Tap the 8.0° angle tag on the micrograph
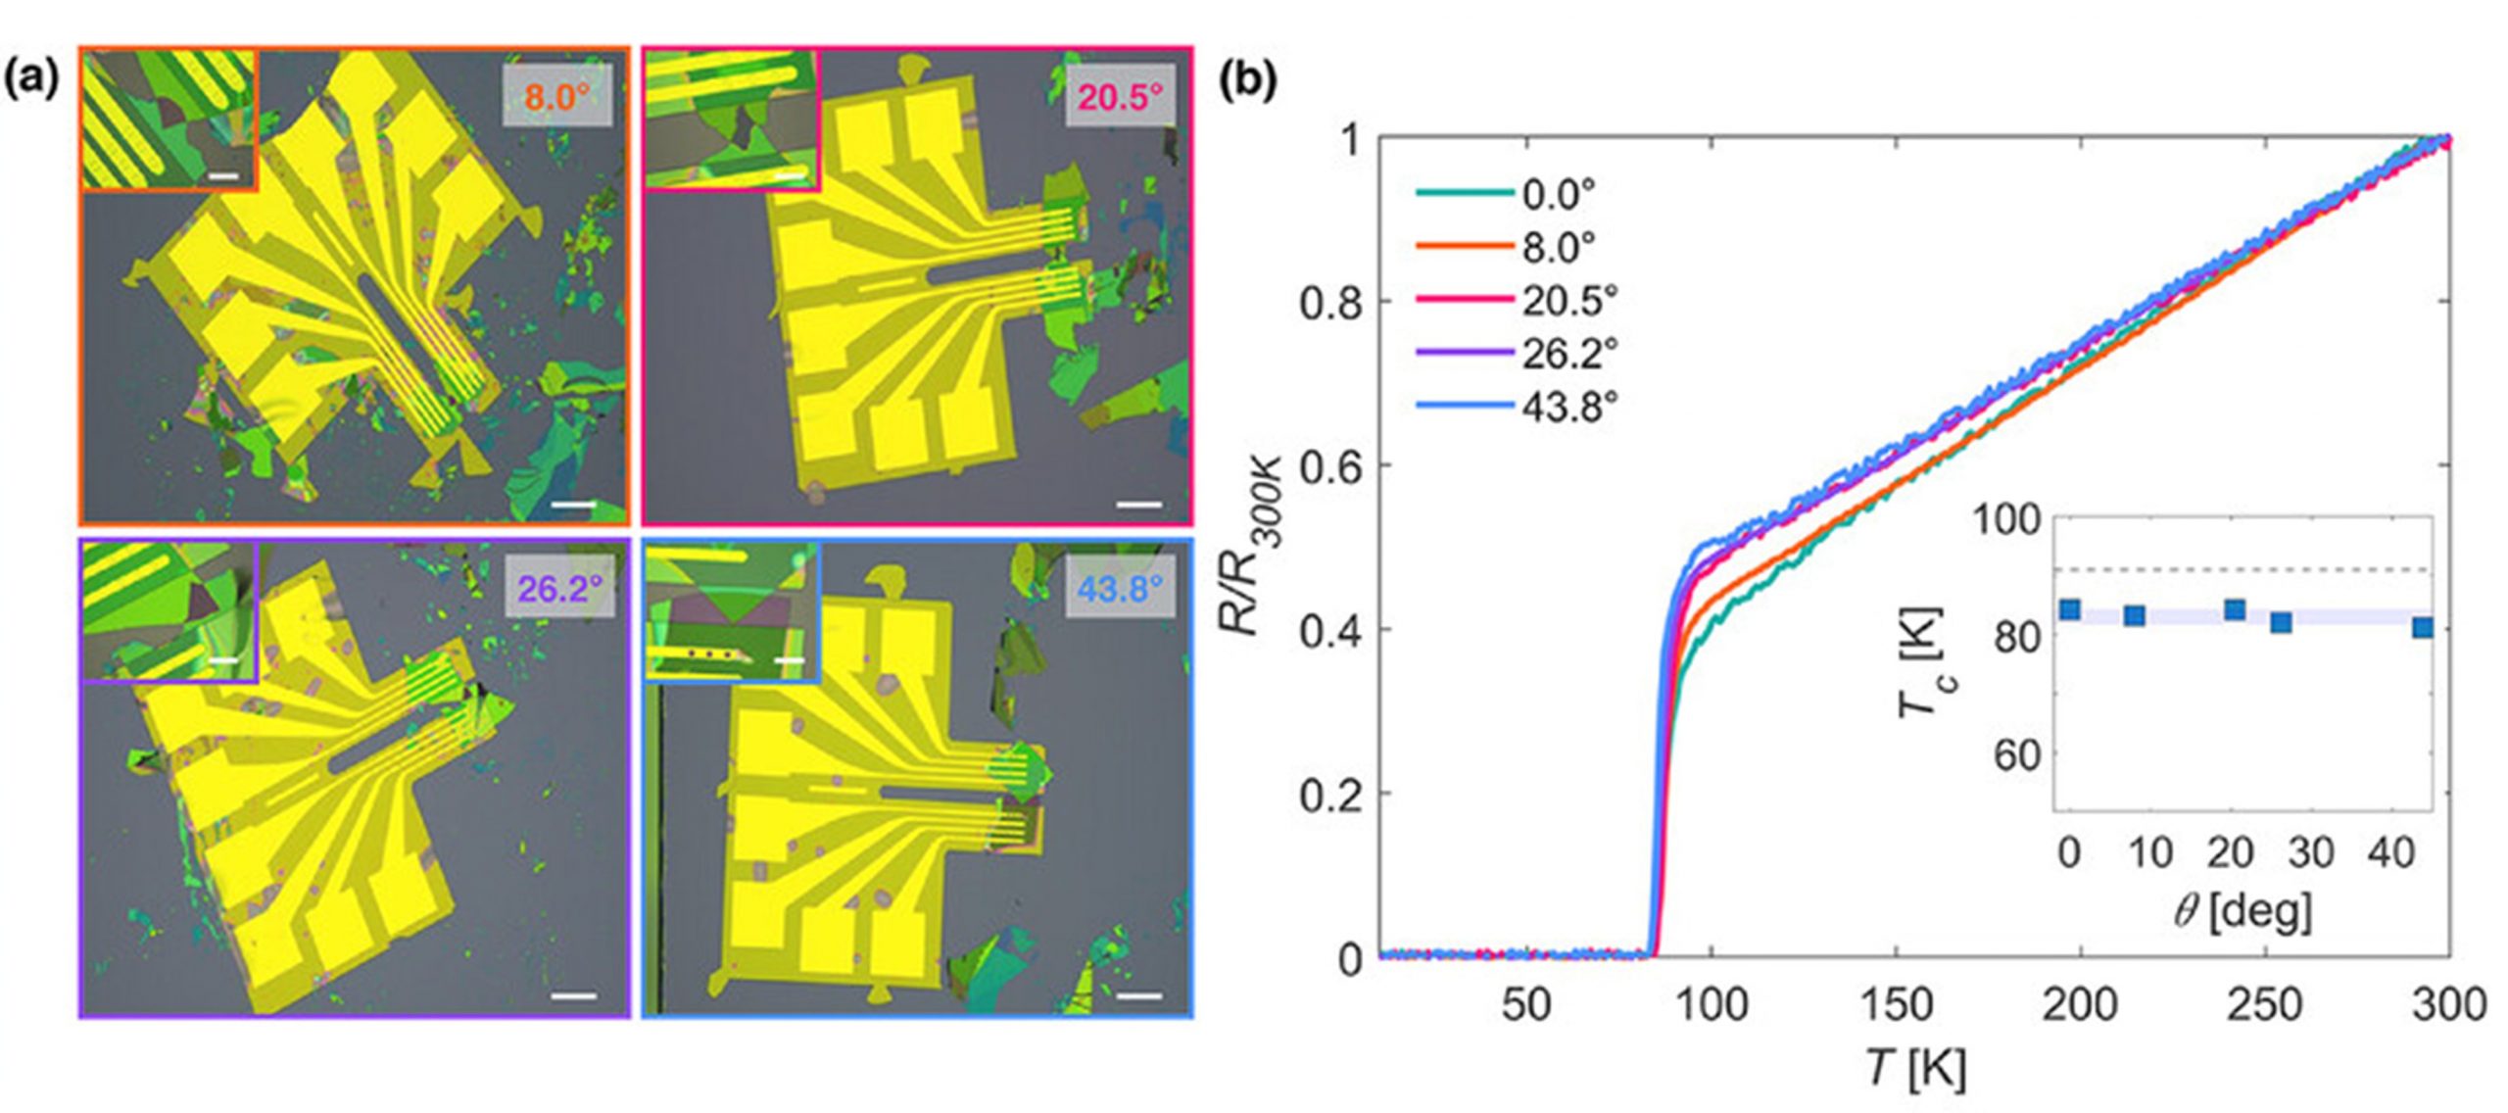click(x=556, y=96)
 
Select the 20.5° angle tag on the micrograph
click(x=1120, y=96)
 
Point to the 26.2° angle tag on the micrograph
click(x=559, y=588)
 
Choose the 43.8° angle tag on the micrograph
click(x=1120, y=588)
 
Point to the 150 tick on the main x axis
click(x=1895, y=1004)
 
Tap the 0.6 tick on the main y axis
click(x=1329, y=466)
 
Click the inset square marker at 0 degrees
click(x=2070, y=609)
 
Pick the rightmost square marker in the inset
click(x=2423, y=627)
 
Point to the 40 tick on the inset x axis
click(x=2391, y=853)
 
